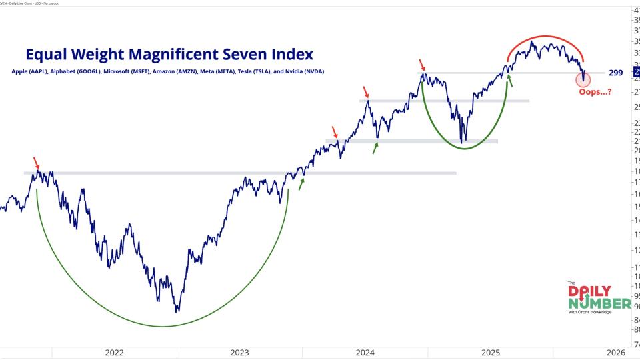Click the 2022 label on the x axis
114,353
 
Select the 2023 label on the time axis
239,353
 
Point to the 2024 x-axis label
365,353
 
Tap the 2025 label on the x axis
491,353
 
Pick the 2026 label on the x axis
615,353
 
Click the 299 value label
616,72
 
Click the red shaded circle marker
583,79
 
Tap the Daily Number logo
598,297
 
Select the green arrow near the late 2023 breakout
301,183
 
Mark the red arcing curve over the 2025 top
545,37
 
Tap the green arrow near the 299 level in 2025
510,81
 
